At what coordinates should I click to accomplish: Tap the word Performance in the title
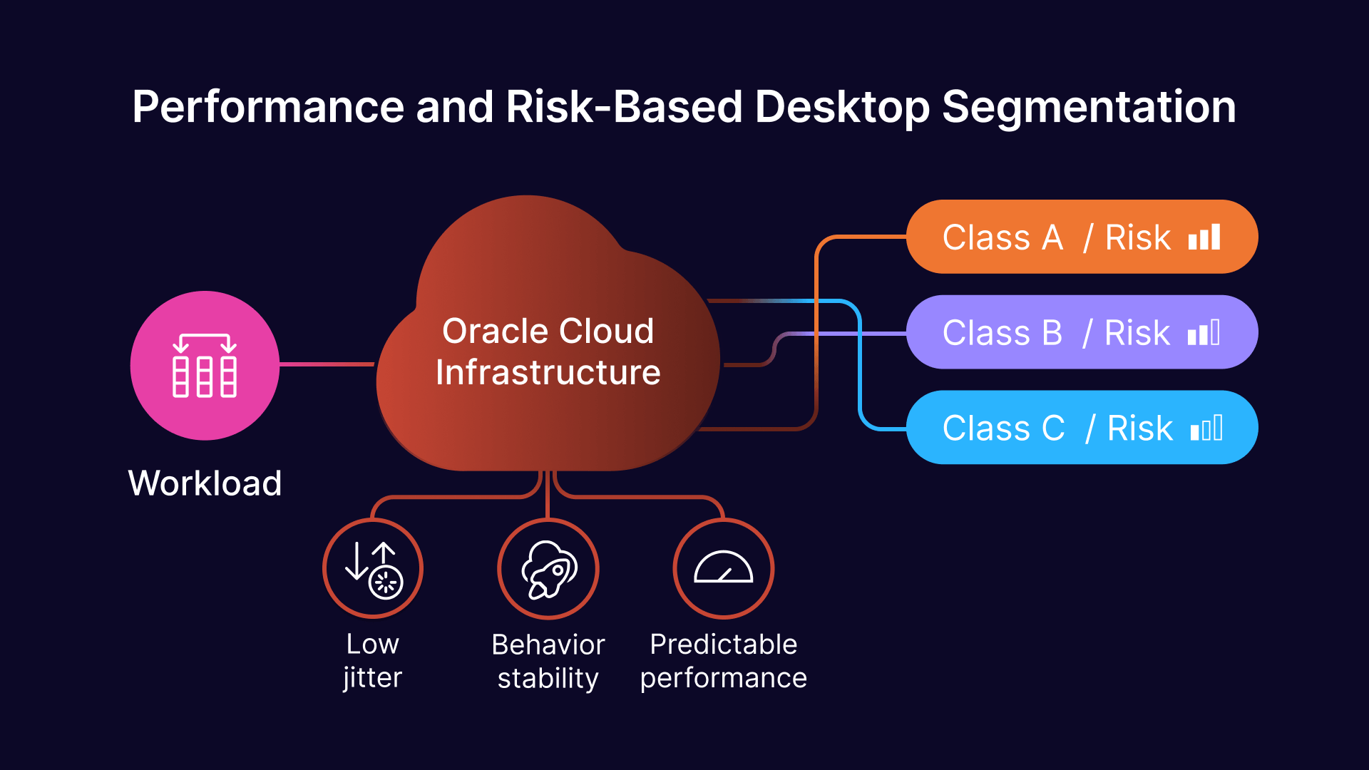pos(268,107)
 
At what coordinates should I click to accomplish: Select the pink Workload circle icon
pos(205,365)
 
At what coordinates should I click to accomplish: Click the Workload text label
pos(205,483)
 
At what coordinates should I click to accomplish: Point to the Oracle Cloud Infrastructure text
pos(548,351)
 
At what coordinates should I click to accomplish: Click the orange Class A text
pos(1003,237)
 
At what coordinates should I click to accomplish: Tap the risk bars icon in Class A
pos(1204,237)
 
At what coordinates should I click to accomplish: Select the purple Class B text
pos(1003,333)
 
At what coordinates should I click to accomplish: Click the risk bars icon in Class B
pos(1204,333)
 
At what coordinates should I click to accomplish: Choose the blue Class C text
pos(1003,428)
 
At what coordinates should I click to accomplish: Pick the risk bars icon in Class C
pos(1206,429)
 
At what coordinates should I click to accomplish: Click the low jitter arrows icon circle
pos(373,569)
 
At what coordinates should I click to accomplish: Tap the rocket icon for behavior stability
pos(548,569)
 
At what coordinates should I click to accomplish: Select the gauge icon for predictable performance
pos(723,569)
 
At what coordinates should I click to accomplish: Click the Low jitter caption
pos(373,661)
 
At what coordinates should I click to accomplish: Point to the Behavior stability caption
pos(548,661)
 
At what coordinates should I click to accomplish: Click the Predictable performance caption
pos(723,661)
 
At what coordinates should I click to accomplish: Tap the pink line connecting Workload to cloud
pos(327,364)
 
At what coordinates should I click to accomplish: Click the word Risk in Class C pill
pos(1139,428)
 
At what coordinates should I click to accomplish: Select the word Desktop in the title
pos(841,107)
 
